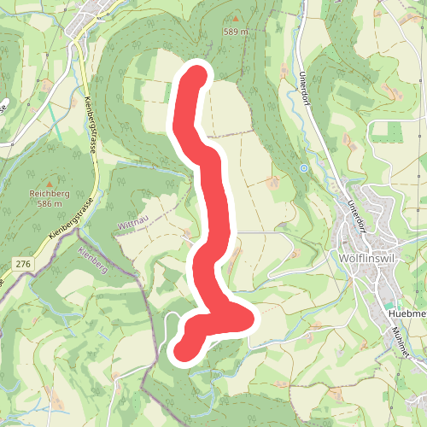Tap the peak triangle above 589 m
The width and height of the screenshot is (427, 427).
coord(237,18)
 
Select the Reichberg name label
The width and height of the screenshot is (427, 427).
coord(49,194)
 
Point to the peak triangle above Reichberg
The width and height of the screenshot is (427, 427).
coord(50,183)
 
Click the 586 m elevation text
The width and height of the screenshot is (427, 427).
coord(50,204)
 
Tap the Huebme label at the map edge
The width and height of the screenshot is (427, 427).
coord(407,313)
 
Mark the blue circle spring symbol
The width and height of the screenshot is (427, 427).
coord(303,168)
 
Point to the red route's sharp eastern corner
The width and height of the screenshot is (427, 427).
coord(249,319)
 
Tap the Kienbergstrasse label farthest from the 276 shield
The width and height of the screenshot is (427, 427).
coord(90,126)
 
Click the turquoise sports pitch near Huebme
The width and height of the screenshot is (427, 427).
coord(389,305)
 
